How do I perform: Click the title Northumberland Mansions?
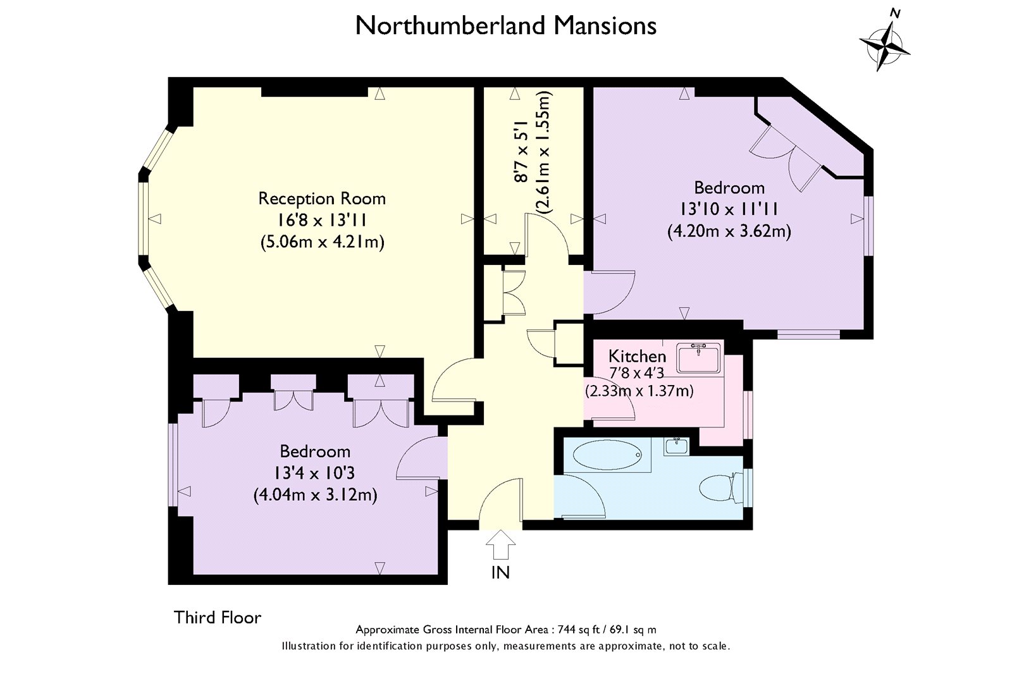point(505,26)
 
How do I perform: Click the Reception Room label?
point(322,199)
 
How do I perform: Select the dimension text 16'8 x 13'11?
point(322,221)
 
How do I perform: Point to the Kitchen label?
point(637,356)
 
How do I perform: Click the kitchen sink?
point(698,358)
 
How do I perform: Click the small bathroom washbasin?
point(676,446)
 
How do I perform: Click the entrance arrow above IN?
point(500,545)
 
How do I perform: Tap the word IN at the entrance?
point(500,573)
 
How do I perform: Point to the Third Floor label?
point(218,618)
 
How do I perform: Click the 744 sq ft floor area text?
point(506,629)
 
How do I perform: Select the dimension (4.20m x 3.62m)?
point(729,231)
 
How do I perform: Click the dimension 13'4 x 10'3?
point(314,473)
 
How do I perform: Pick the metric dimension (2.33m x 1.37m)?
point(639,390)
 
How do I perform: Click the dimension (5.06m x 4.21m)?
point(322,242)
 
